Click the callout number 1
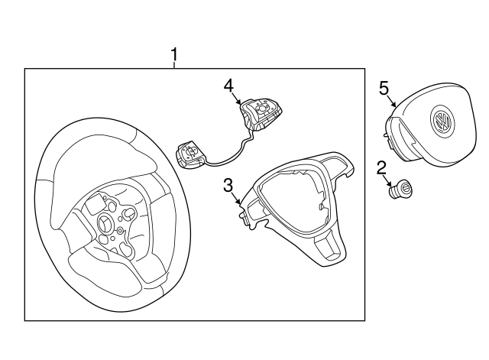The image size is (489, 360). [x=174, y=54]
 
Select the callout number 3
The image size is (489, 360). [x=228, y=184]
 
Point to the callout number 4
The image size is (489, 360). [x=228, y=86]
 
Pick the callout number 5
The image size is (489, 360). [x=384, y=88]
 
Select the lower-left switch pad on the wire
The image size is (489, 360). [x=190, y=155]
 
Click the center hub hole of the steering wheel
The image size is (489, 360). [x=105, y=222]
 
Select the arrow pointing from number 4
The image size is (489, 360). [x=238, y=98]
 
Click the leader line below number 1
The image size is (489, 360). [x=174, y=65]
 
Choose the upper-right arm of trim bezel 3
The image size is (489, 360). [x=344, y=162]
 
